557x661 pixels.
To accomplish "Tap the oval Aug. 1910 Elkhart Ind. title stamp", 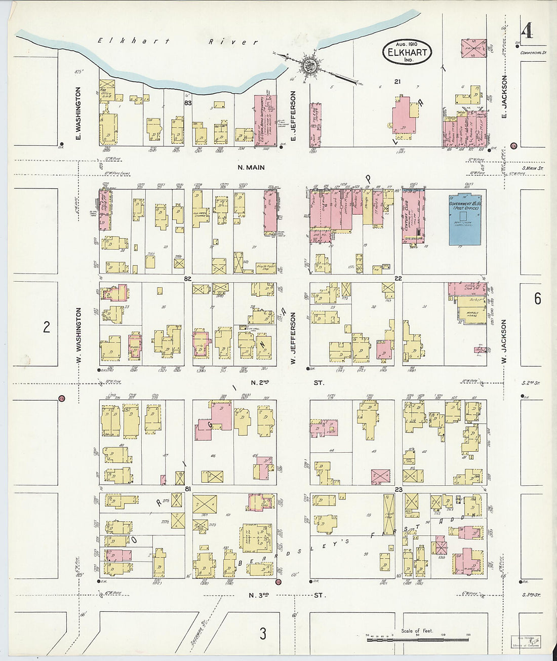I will point(407,52).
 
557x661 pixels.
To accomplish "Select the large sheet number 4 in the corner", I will point(527,31).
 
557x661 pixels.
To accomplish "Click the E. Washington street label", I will point(78,112).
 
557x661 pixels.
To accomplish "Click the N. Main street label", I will point(251,167).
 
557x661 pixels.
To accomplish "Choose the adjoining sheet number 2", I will point(46,328).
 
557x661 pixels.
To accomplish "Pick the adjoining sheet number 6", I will point(537,299).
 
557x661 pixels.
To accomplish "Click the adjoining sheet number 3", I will point(263,634).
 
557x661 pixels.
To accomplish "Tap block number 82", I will point(188,279).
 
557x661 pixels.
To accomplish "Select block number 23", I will point(399,489).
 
